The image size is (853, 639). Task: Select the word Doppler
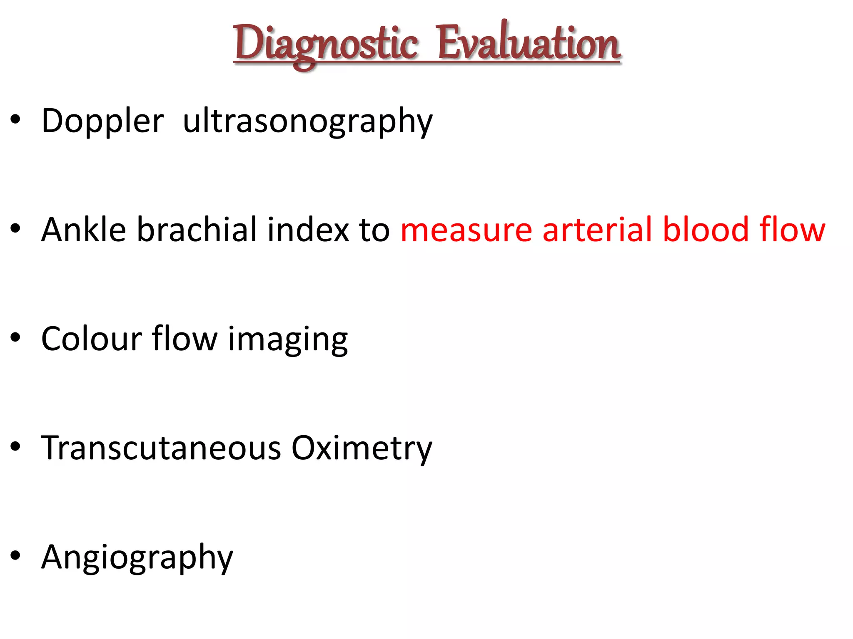coord(102,121)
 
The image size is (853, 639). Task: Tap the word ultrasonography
coord(308,121)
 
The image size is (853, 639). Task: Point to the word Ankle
coord(83,230)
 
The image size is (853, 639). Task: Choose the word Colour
coord(92,339)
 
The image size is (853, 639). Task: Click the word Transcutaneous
coord(161,448)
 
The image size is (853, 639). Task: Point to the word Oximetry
coord(362,448)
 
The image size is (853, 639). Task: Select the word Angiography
coord(137,557)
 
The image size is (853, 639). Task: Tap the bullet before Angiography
coord(15,556)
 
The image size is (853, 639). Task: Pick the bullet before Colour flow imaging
coord(15,338)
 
